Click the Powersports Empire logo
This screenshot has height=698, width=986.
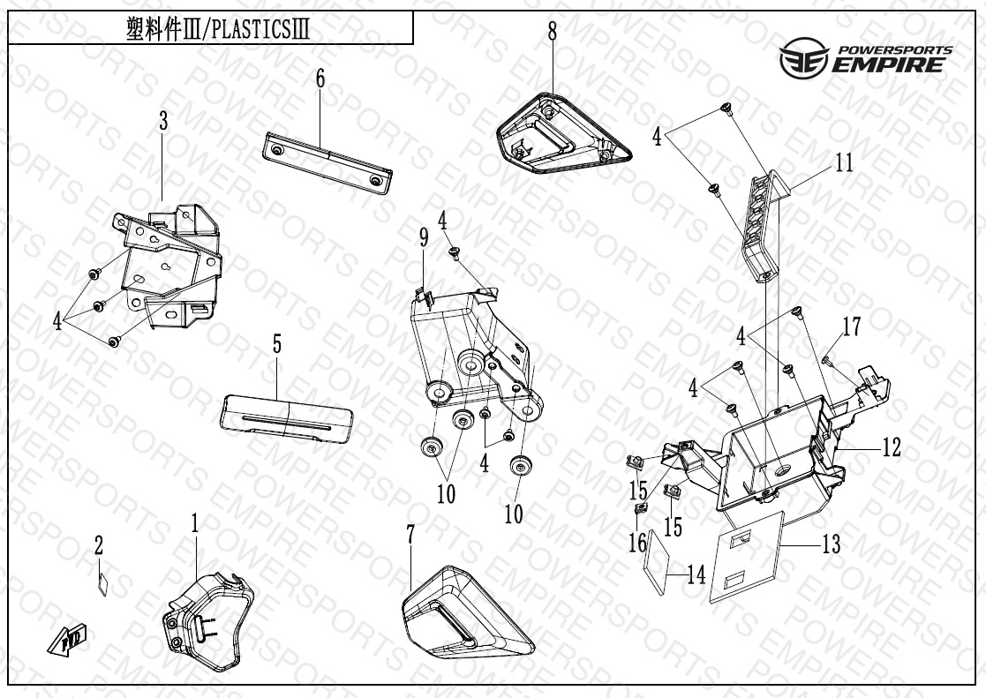coord(866,59)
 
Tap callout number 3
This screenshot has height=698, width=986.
coord(163,123)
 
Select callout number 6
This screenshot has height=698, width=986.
coord(320,79)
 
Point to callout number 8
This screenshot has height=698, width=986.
coord(553,32)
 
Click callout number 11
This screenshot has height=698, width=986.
coord(844,164)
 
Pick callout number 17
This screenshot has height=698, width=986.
coord(851,328)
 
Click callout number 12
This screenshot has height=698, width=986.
coord(891,448)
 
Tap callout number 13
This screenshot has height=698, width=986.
coord(831,544)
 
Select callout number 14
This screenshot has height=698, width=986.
coord(696,576)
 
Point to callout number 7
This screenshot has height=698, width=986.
coord(410,535)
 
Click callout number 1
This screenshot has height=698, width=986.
coord(195,524)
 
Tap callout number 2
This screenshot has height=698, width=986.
coord(99,546)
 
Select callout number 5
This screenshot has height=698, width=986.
coord(277,344)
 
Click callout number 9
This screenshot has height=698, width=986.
coord(423,237)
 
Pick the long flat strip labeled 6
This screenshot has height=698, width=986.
coord(327,160)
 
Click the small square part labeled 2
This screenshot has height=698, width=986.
coord(102,583)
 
